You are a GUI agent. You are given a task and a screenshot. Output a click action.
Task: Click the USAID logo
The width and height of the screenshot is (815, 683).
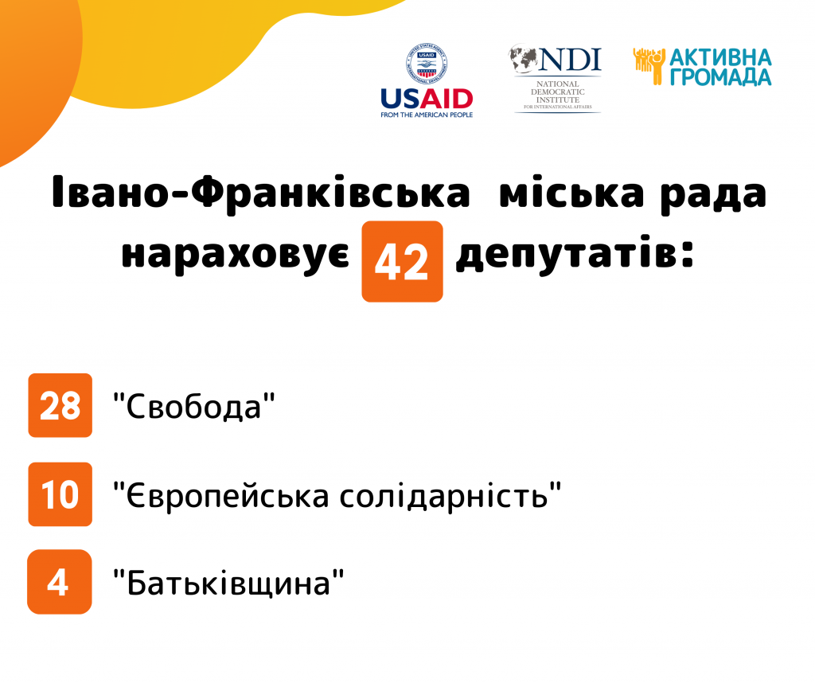[427, 80]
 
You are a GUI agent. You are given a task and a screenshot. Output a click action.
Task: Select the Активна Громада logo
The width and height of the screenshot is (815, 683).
[702, 67]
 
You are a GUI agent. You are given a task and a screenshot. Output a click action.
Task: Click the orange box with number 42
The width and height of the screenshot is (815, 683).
[402, 261]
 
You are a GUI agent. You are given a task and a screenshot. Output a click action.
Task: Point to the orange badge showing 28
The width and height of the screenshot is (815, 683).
[60, 405]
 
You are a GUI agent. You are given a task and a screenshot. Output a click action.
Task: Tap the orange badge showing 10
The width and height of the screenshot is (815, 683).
[60, 494]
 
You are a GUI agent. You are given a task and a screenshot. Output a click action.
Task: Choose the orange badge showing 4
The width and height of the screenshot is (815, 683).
[59, 582]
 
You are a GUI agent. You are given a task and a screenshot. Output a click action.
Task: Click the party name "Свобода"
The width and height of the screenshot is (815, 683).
[194, 406]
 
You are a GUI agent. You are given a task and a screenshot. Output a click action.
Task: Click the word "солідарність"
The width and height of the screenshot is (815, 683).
[450, 495]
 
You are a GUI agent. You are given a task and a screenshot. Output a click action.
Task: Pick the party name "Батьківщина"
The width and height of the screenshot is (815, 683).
[228, 583]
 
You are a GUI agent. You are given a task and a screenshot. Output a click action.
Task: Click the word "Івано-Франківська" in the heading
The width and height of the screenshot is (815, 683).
[261, 193]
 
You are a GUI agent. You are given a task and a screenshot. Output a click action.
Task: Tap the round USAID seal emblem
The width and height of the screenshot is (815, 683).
[427, 64]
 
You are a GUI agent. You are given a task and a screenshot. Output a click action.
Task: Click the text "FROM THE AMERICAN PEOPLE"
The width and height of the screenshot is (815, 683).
[427, 115]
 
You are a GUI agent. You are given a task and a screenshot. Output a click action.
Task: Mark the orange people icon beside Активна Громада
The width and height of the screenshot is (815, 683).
[649, 66]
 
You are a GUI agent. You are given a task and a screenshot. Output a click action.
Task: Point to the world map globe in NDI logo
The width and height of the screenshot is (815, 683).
[523, 58]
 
